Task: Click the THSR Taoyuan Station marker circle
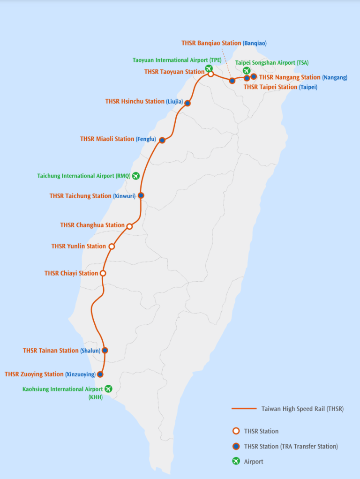coord(211,74)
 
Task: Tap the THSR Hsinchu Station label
coord(135,101)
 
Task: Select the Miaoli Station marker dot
coord(162,140)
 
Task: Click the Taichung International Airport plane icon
coord(135,176)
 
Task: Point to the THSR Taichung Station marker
coord(141,195)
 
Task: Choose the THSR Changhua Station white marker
coord(129,226)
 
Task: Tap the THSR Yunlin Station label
coord(78,246)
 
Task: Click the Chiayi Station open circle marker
coord(103,273)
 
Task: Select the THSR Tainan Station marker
coord(105,350)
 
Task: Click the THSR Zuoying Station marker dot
coord(99,374)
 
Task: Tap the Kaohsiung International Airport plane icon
coord(108,389)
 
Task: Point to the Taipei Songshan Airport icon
coord(246,71)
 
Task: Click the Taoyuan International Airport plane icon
coord(209,68)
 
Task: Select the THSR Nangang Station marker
coord(254,76)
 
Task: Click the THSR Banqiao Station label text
coord(211,43)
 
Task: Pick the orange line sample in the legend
coord(244,409)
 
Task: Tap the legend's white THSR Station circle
coord(236,431)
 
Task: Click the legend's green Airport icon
coord(236,462)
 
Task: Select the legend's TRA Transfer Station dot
coord(236,446)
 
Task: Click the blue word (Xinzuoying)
coord(80,374)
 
